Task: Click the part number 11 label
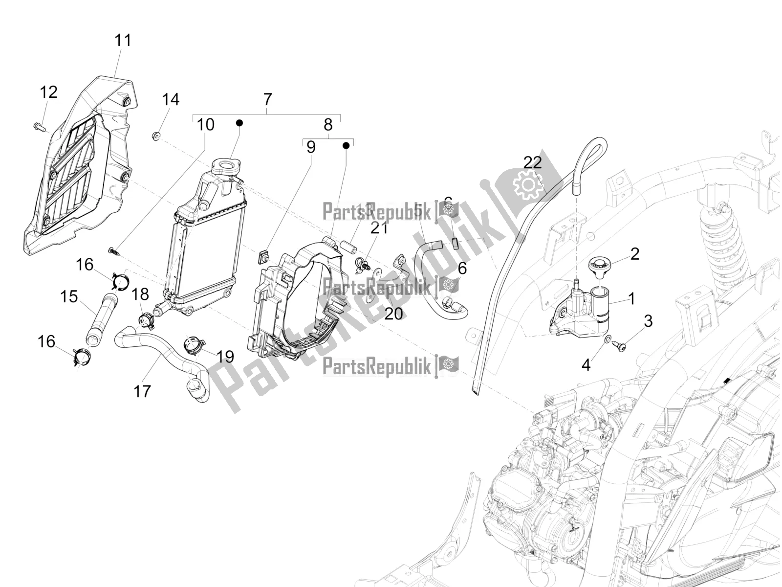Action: click(x=123, y=40)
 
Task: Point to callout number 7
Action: click(x=267, y=99)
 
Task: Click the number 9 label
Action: click(x=311, y=147)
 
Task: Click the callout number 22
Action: click(x=533, y=162)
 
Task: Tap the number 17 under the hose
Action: click(x=142, y=391)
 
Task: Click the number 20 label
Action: click(x=393, y=314)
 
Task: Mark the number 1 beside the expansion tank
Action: click(x=631, y=298)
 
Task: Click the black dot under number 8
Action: click(x=346, y=145)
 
